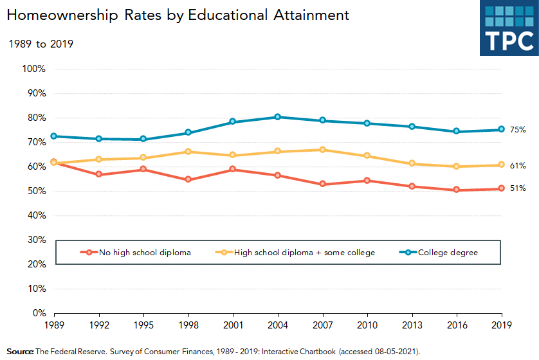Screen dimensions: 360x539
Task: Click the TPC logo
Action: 508,28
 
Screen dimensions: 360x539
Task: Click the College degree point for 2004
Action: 278,117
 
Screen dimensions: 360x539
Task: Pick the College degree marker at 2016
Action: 456,131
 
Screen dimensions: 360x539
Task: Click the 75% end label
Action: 518,130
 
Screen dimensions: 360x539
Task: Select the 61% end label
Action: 518,166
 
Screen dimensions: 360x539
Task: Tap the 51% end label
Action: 518,189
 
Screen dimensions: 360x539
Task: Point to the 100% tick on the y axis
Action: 33,69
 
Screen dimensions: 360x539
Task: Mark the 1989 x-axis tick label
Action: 53,325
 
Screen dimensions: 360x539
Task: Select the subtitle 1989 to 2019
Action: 40,44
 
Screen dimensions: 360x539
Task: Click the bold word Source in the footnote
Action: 20,352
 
